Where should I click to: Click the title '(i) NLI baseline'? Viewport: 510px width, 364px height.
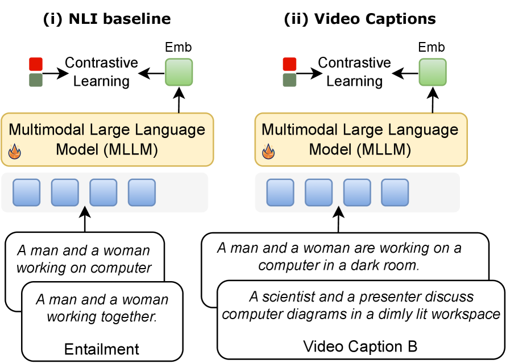pyautogui.click(x=107, y=19)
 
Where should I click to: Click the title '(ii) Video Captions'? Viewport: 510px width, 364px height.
pyautogui.click(x=360, y=19)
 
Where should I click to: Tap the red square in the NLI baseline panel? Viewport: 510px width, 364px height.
pyautogui.click(x=35, y=64)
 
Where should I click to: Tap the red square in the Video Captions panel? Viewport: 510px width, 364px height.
pyautogui.click(x=289, y=64)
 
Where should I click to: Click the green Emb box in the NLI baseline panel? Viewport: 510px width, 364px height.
pyautogui.click(x=179, y=73)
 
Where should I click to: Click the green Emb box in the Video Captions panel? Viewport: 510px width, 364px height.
pyautogui.click(x=433, y=73)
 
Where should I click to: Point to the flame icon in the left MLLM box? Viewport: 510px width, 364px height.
pyautogui.click(x=14, y=152)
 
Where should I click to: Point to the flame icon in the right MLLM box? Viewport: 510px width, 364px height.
pyautogui.click(x=267, y=152)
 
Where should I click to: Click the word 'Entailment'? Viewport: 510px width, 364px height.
pyautogui.click(x=102, y=348)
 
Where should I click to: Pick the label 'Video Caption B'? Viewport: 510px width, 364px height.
pyautogui.click(x=360, y=346)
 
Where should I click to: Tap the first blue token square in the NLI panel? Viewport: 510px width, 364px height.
pyautogui.click(x=27, y=193)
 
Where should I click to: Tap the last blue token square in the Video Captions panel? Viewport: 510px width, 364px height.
pyautogui.click(x=395, y=193)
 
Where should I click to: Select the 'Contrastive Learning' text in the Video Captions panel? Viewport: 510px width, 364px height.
pyautogui.click(x=354, y=72)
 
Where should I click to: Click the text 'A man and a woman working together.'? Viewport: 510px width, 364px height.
pyautogui.click(x=102, y=308)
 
